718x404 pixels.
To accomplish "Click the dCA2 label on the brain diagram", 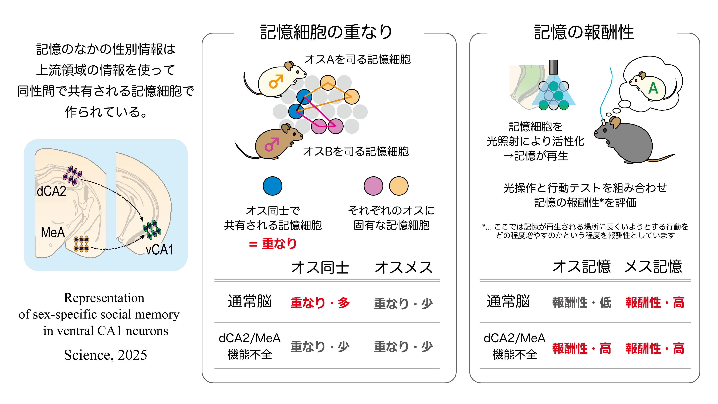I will (52, 191).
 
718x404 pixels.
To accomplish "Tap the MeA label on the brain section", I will (53, 232).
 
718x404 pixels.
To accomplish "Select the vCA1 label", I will (160, 250).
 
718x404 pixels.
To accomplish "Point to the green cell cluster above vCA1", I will (152, 230).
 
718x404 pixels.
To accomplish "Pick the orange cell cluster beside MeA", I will (81, 244).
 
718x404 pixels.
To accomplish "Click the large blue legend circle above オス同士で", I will (272, 186).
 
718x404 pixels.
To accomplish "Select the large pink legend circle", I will (373, 186).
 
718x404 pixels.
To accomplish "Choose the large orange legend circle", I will (399, 186).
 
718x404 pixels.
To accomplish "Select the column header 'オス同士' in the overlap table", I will (320, 268).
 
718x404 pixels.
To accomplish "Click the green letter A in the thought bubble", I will (653, 89).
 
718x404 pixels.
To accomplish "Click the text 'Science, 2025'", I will (105, 355).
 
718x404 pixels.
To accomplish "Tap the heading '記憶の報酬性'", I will (584, 32).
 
